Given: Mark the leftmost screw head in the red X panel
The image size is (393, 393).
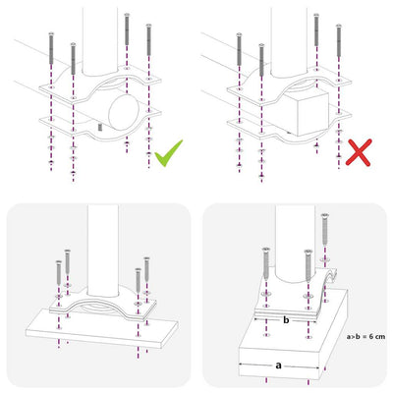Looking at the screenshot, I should (x=238, y=35).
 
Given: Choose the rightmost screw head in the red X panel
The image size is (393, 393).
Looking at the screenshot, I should (x=341, y=21).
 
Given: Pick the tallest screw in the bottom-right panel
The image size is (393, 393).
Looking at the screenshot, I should (x=324, y=237).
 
